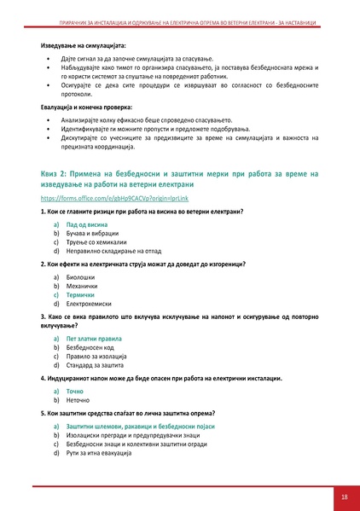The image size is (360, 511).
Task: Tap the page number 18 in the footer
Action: point(343,496)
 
